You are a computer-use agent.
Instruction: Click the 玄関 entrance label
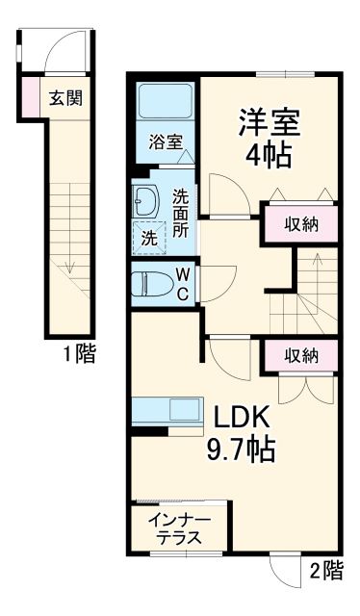tap(65, 97)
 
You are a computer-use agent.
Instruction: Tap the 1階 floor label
tap(79, 355)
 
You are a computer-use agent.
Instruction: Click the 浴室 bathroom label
tap(166, 142)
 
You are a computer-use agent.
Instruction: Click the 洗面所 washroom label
tap(181, 214)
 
